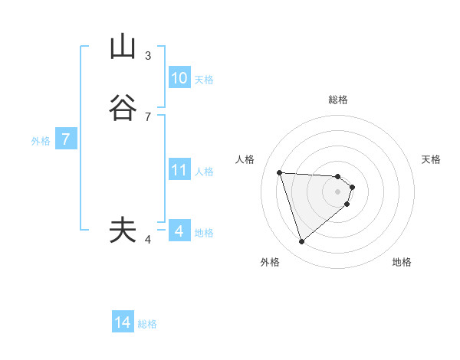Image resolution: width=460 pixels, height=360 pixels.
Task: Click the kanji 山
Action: [123, 47]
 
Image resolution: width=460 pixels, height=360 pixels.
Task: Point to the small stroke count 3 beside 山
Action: [148, 56]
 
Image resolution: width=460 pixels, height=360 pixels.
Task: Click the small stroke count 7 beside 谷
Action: [148, 117]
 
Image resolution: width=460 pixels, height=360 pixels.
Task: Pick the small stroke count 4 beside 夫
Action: [148, 240]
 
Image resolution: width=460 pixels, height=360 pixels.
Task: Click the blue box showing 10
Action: [179, 78]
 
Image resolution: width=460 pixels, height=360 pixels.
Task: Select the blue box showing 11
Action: [179, 170]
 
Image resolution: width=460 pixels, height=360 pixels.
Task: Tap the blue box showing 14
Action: [123, 323]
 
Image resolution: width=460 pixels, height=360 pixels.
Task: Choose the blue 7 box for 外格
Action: [66, 140]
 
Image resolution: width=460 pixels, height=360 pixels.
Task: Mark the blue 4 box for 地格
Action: [179, 231]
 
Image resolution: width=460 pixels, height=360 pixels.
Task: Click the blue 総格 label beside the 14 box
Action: [147, 324]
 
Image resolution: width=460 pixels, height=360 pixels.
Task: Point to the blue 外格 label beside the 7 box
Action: [41, 141]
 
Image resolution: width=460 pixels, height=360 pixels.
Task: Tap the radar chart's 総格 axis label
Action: [338, 100]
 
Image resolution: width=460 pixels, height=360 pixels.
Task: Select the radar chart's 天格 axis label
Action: [432, 159]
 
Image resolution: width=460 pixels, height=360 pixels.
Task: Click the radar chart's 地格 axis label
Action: [402, 262]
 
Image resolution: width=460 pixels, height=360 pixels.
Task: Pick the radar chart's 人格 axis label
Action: [245, 159]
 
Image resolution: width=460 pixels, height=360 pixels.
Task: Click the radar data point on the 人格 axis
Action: [280, 172]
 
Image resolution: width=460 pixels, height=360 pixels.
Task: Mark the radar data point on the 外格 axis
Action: [301, 242]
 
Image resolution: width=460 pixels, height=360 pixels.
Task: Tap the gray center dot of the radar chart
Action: [338, 191]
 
